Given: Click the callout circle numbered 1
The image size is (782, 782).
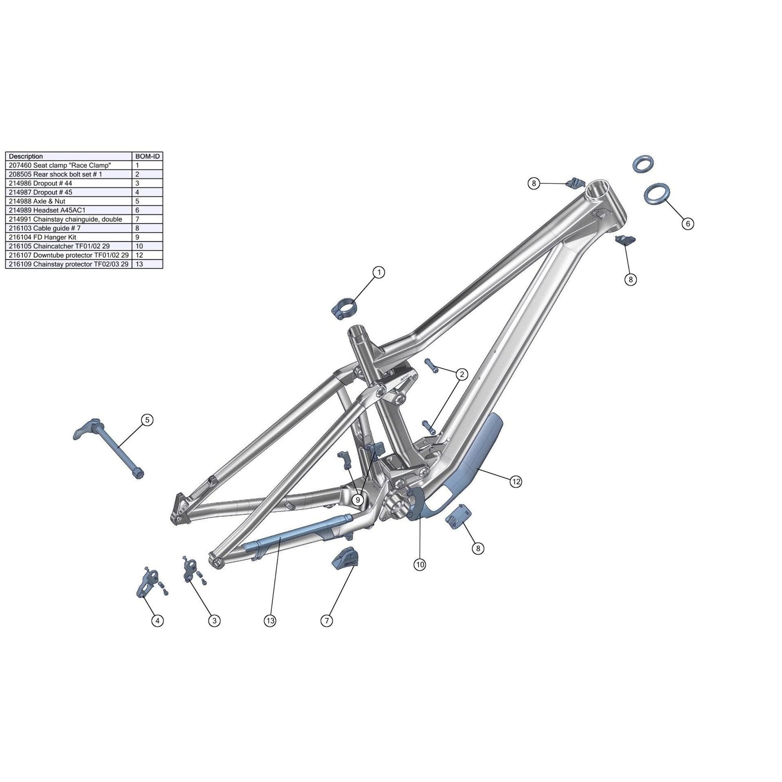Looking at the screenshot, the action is coord(379,273).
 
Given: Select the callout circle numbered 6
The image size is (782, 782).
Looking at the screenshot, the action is coord(688,223).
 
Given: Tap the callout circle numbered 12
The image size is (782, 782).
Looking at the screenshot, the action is coord(516,481).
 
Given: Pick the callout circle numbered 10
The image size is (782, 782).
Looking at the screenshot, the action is coord(420,565).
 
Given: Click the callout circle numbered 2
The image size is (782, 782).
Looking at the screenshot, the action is coord(462,375).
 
